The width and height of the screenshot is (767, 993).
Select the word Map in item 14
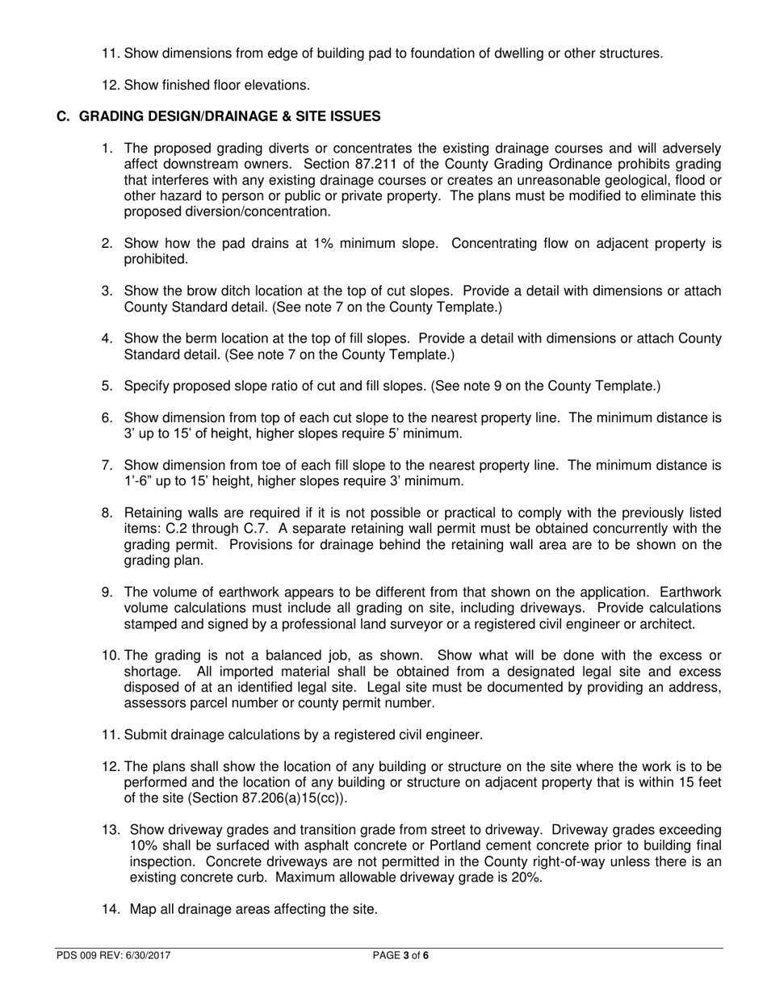pyautogui.click(x=142, y=909)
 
